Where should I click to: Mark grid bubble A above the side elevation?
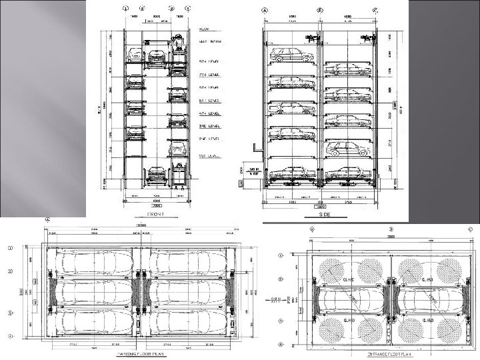[x=265, y=10]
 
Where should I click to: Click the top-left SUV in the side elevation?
[x=291, y=53]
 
